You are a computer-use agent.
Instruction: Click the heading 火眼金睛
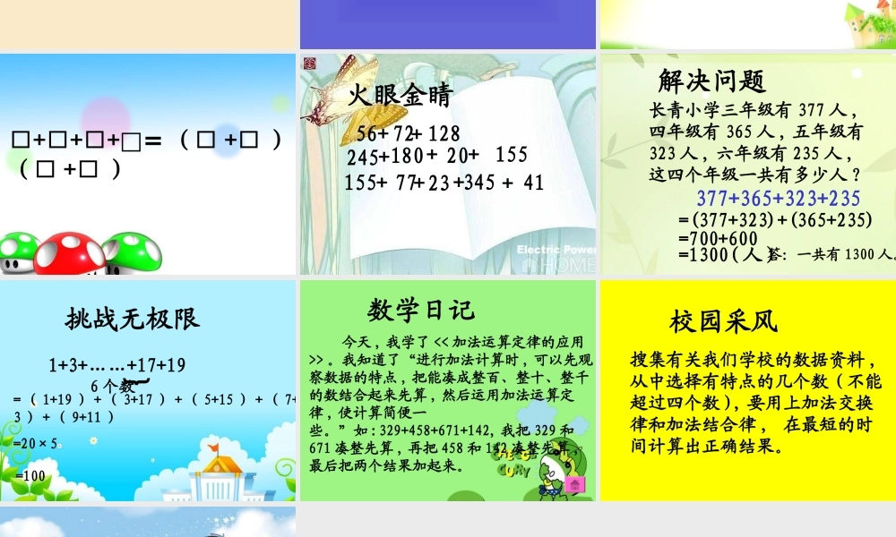(x=401, y=96)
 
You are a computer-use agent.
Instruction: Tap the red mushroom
(x=69, y=251)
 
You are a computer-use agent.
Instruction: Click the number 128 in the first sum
(x=444, y=134)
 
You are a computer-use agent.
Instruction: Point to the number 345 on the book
(x=476, y=183)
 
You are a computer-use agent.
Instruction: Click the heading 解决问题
(x=711, y=81)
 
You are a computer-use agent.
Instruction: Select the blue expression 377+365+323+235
(x=778, y=199)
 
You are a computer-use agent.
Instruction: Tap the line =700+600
(x=719, y=239)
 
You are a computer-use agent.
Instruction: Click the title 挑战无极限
(x=133, y=318)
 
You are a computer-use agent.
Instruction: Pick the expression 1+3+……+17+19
(x=116, y=365)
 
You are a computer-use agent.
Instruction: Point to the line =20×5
(x=37, y=443)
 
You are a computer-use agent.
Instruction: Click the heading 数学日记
(x=420, y=310)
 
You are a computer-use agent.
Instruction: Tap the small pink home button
(x=574, y=484)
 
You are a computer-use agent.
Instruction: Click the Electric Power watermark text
(x=556, y=250)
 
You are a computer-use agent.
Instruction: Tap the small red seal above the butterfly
(x=310, y=63)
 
